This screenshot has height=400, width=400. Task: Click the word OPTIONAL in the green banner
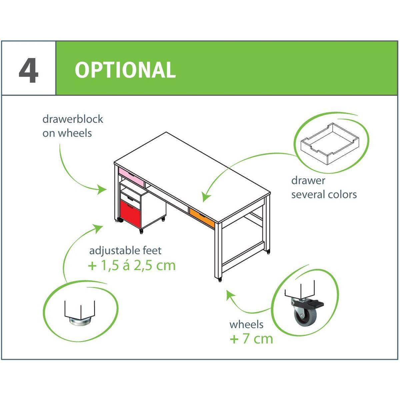coord(125,70)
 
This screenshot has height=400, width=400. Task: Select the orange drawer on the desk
coord(202,217)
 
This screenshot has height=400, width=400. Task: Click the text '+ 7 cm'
coord(251,339)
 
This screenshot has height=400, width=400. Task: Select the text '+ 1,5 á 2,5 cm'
coord(132,265)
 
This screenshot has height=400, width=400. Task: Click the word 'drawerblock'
coord(73,119)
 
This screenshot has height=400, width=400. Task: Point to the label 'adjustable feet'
coord(125,251)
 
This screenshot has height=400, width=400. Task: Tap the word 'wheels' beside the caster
coord(246,324)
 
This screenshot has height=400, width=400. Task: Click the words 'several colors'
coord(324,195)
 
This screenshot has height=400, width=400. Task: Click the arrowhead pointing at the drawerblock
coord(103,190)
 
